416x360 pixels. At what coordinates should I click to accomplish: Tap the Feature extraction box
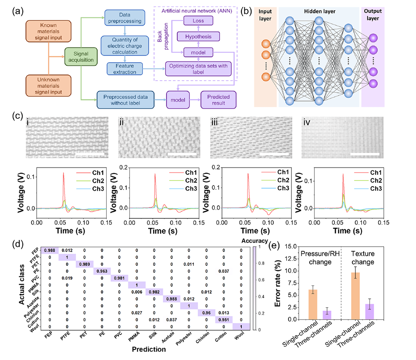[x=125, y=68]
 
